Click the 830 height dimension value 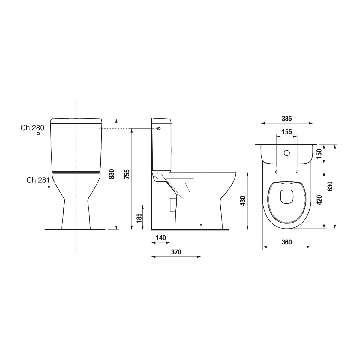[112, 174]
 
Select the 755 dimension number [127, 174]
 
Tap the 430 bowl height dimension [243, 201]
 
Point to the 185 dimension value [139, 218]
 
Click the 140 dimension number [161, 238]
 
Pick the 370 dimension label [176, 252]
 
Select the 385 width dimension [287, 118]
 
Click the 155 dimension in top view [287, 132]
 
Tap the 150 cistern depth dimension [319, 153]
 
